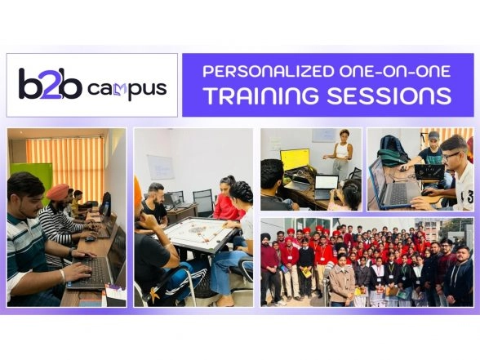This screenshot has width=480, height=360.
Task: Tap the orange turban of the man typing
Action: click(56, 193)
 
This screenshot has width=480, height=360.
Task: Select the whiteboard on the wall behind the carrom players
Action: click(160, 167)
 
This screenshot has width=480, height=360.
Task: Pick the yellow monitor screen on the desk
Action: click(294, 158)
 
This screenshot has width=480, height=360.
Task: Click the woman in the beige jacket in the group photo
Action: click(342, 282)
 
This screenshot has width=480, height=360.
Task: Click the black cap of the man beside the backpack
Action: click(433, 136)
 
